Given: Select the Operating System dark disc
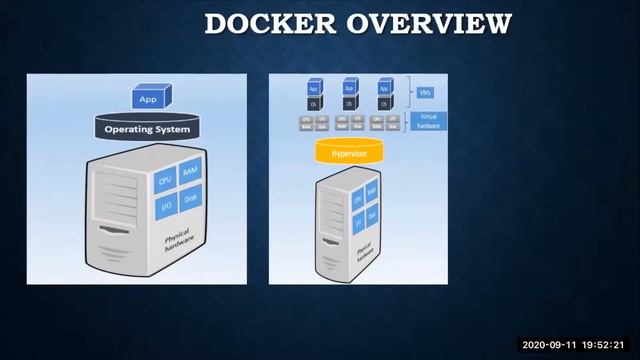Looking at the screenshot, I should pyautogui.click(x=149, y=129).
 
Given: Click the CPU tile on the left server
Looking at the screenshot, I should pyautogui.click(x=165, y=180).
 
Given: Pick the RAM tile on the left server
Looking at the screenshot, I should pyautogui.click(x=190, y=172).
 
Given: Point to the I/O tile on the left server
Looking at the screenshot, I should pyautogui.click(x=165, y=207).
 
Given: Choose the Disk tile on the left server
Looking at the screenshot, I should pyautogui.click(x=190, y=199).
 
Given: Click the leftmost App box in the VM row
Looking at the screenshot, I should pyautogui.click(x=313, y=87).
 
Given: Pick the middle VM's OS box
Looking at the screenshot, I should pyautogui.click(x=349, y=103).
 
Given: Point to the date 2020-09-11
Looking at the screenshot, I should pyautogui.click(x=548, y=345).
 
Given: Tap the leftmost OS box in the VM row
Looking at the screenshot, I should pyautogui.click(x=313, y=103).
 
